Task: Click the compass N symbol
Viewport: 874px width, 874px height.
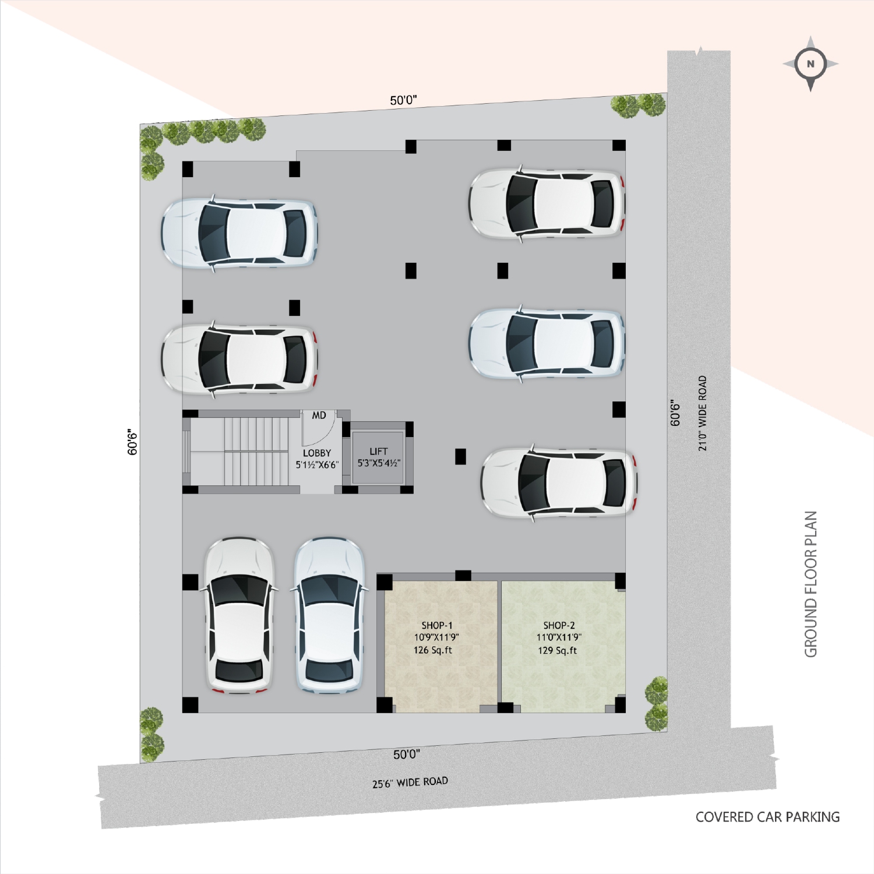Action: [x=810, y=64]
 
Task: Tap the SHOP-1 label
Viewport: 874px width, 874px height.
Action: [x=437, y=625]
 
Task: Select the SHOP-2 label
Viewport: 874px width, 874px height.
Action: [x=559, y=625]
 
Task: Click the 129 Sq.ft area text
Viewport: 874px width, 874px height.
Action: [x=558, y=650]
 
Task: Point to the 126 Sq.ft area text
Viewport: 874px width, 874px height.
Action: [x=433, y=650]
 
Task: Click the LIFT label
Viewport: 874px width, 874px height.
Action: [x=378, y=451]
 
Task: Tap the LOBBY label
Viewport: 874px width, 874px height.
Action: [x=317, y=453]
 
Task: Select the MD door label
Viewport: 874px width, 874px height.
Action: [x=319, y=415]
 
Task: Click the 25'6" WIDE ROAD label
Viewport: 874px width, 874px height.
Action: [x=410, y=783]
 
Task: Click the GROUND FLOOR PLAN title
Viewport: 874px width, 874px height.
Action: [x=811, y=584]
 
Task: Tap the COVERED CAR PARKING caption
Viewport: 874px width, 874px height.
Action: [x=767, y=817]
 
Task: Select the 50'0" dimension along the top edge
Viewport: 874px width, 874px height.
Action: [x=403, y=100]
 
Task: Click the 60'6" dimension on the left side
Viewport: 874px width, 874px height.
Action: [x=133, y=442]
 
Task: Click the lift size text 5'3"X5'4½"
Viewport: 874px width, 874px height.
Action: [x=379, y=463]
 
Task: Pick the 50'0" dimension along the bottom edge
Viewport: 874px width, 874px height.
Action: [x=406, y=755]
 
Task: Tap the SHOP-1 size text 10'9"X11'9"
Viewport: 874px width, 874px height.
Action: [x=436, y=637]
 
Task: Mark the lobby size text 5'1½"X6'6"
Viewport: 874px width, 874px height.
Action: [x=317, y=465]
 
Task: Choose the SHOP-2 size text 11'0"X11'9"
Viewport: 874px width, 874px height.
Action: [x=559, y=637]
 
